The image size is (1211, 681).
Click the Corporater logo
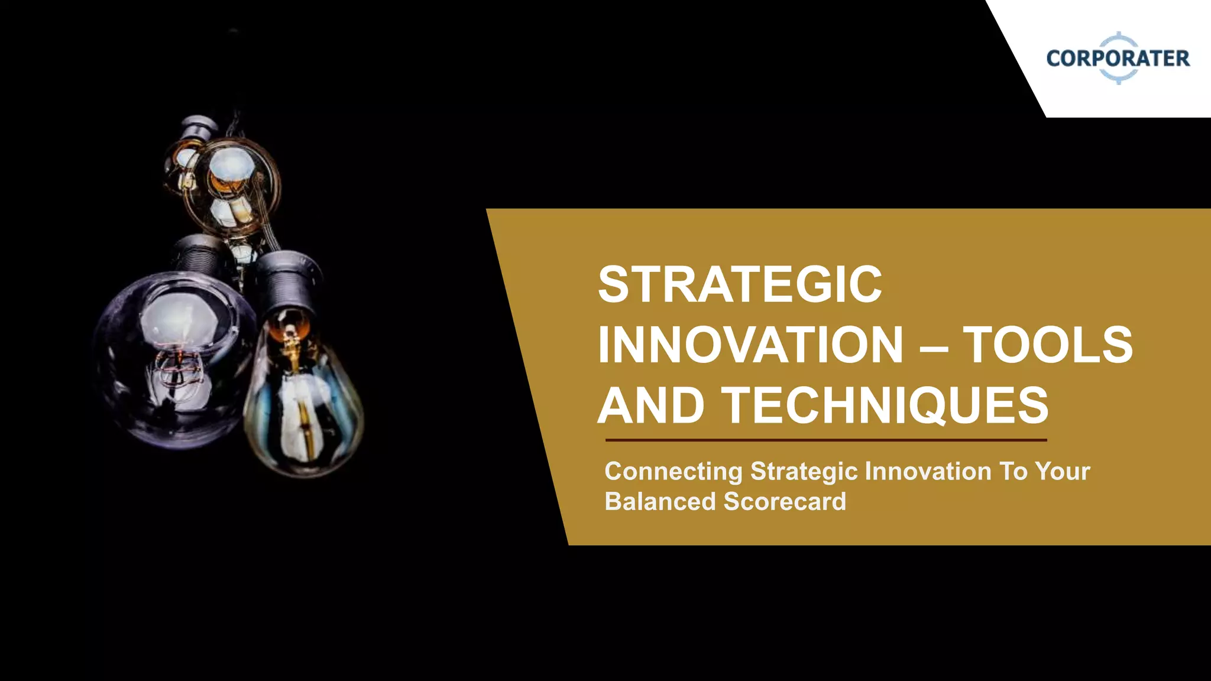(1118, 58)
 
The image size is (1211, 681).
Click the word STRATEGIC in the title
(740, 285)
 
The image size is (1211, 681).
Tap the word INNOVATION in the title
(750, 345)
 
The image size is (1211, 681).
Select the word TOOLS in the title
(1048, 345)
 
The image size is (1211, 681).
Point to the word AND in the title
(651, 406)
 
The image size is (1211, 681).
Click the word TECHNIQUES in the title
(885, 406)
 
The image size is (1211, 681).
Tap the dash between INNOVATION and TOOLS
(934, 349)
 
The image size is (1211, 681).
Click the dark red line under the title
(825, 440)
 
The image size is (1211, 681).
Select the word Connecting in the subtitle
(673, 472)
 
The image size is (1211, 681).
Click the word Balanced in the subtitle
(660, 502)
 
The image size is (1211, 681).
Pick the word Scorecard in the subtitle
(785, 502)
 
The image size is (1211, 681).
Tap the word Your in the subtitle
(1062, 472)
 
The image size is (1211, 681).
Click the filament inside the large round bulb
(177, 367)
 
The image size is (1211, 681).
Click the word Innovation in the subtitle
(928, 472)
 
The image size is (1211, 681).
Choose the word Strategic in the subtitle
(804, 472)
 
